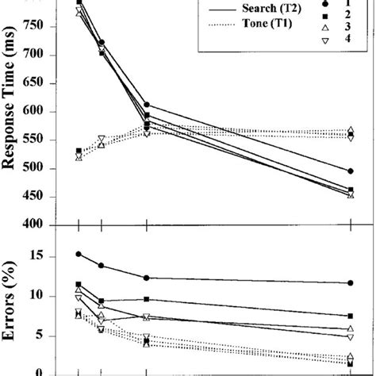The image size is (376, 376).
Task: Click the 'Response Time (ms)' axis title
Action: click(15, 111)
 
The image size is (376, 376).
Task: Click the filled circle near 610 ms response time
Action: click(147, 105)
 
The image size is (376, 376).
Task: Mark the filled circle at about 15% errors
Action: click(78, 254)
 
